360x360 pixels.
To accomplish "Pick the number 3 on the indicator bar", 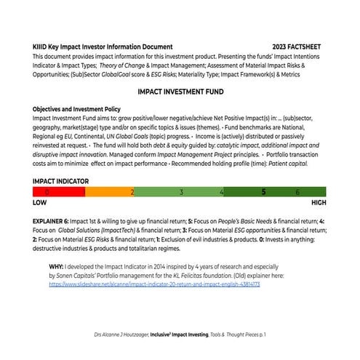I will [181, 192].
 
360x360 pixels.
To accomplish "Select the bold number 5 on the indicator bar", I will [263, 192].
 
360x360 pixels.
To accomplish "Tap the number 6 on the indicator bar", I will [297, 192].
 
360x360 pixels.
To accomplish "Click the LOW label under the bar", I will [41, 204].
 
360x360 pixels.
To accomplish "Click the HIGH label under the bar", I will [319, 204].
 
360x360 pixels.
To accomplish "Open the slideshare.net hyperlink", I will [155, 284].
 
